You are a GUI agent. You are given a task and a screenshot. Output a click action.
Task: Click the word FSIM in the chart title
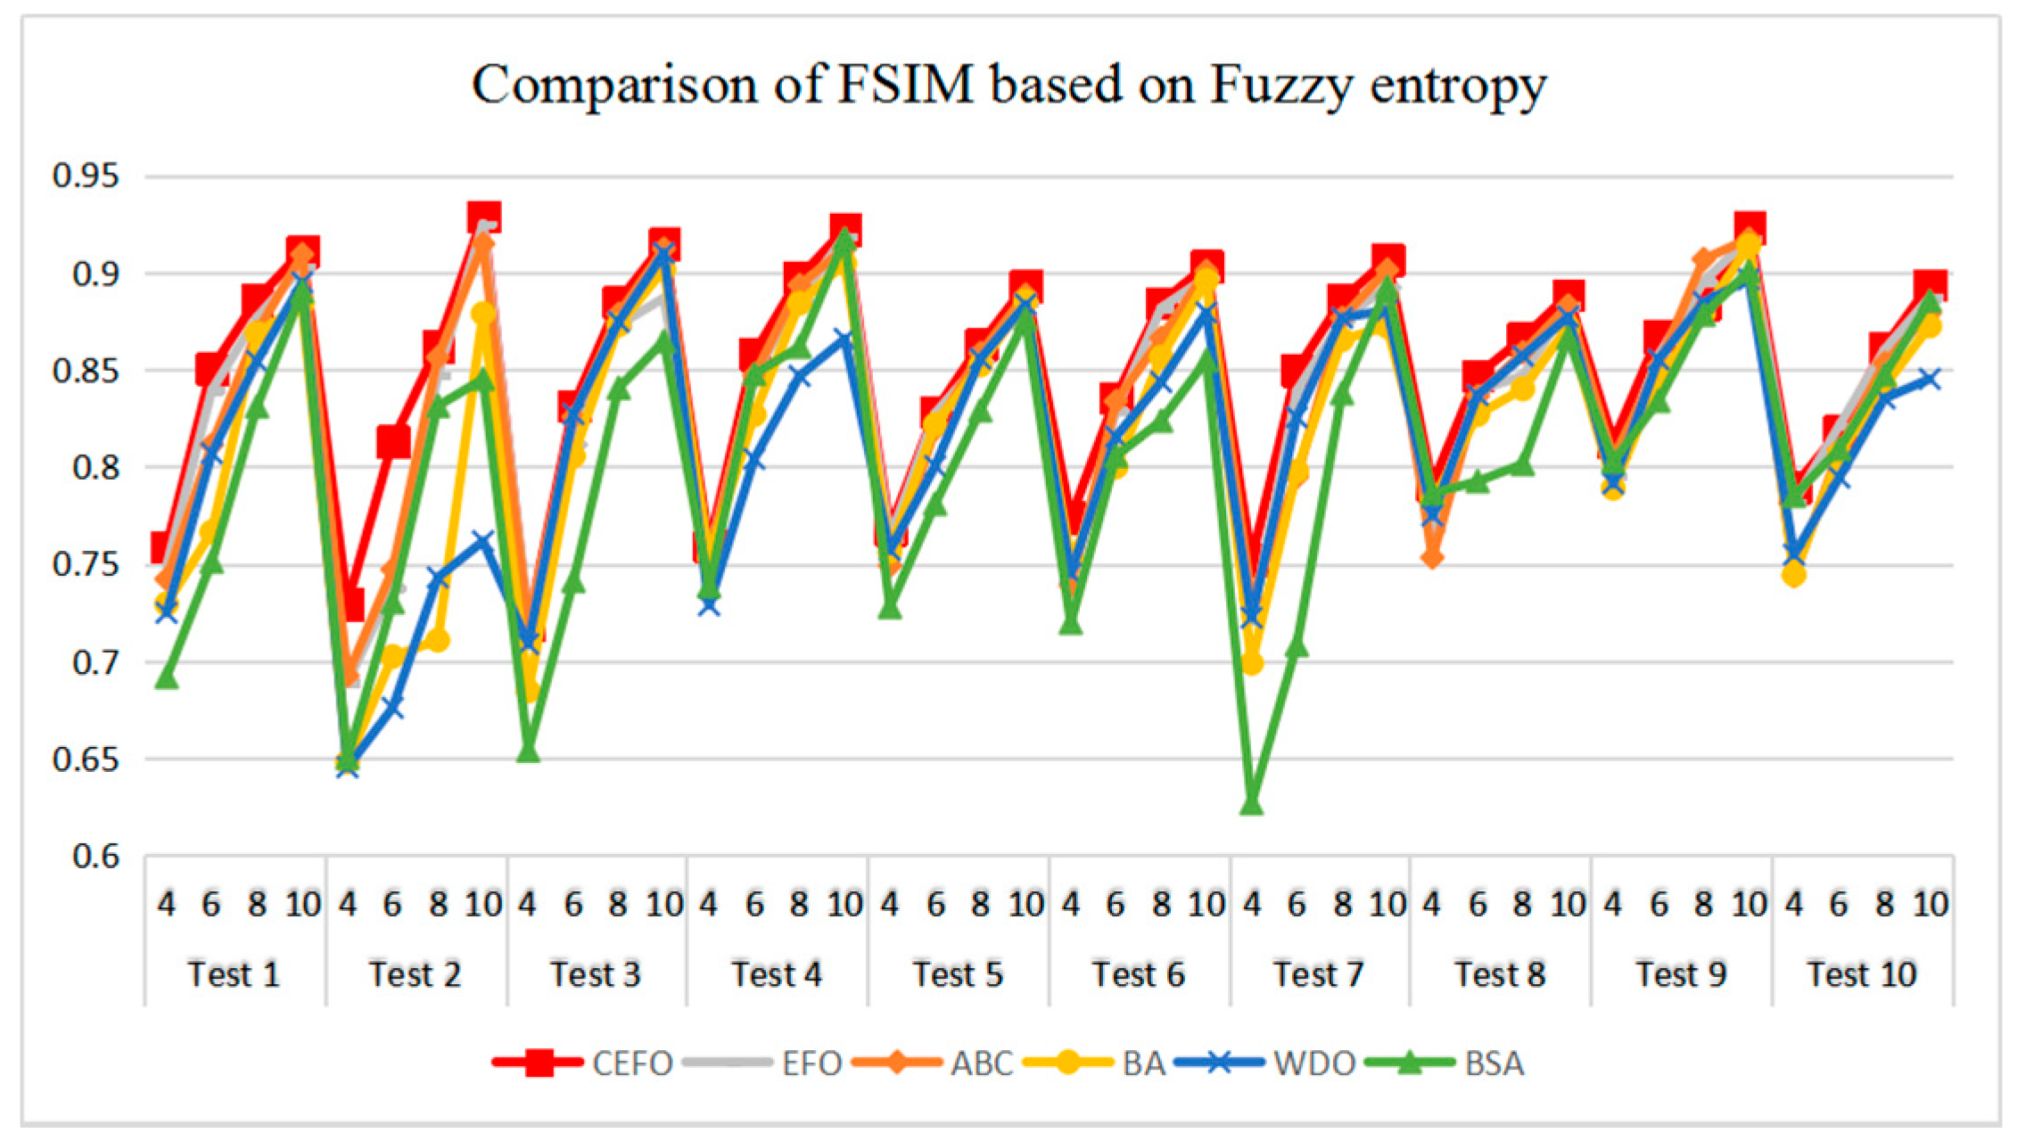[905, 86]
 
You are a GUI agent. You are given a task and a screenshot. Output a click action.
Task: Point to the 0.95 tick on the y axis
[86, 176]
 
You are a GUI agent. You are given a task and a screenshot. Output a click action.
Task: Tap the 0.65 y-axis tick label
[86, 759]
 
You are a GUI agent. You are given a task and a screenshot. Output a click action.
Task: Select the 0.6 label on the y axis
[95, 857]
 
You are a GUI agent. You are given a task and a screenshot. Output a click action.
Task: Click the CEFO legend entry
[631, 1063]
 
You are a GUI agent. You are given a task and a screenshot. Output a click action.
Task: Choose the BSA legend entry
[1494, 1063]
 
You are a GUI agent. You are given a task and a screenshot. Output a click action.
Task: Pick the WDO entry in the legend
[1313, 1063]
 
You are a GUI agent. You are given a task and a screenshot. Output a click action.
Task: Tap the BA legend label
[1143, 1063]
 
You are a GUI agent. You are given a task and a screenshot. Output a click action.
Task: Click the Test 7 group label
[1318, 974]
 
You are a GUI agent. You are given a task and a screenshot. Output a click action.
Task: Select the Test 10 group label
[1862, 974]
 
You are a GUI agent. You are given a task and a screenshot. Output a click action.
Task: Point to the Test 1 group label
[234, 974]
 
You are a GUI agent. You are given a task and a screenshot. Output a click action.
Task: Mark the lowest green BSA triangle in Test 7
[1251, 803]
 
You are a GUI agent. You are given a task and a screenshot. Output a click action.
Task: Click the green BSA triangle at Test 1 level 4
[167, 678]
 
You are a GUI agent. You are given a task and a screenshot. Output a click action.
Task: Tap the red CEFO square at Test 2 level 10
[484, 217]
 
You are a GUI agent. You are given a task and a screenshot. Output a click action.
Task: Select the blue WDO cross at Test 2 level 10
[483, 541]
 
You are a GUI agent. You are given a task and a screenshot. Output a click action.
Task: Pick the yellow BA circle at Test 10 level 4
[1794, 575]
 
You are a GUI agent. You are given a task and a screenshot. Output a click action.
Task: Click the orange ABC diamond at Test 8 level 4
[1432, 557]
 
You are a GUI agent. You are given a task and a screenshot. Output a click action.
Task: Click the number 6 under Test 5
[934, 905]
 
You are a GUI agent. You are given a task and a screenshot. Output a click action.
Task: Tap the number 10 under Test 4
[844, 905]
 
